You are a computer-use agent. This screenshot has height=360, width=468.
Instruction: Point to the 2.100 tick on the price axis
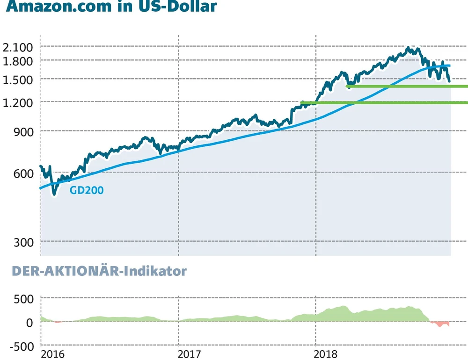[x=17, y=47]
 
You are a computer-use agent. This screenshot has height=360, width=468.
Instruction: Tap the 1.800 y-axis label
[x=17, y=61]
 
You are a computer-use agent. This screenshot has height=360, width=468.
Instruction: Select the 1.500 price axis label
[x=17, y=79]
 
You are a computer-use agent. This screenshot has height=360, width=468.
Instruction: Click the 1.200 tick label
[x=17, y=102]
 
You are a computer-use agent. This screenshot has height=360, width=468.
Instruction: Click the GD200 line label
[x=86, y=190]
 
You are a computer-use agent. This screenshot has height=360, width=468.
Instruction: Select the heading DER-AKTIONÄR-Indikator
[x=99, y=271]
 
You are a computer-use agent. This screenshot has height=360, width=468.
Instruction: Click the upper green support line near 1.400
[x=407, y=86]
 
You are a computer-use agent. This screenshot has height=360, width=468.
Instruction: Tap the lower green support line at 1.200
[x=384, y=102]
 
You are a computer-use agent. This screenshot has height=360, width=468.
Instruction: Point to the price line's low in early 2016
[x=54, y=193]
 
